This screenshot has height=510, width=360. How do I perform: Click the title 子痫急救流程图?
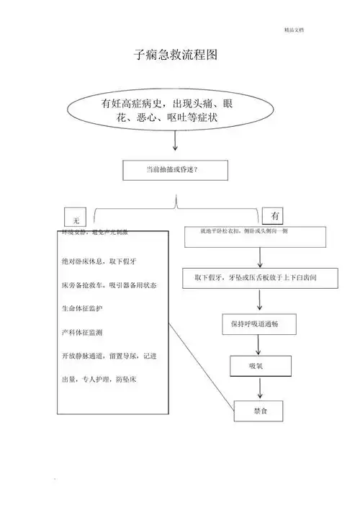176,55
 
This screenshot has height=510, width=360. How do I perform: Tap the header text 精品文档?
294,30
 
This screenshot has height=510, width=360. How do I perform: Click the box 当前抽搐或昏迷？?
175,169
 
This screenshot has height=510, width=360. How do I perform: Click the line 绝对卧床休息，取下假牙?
99,261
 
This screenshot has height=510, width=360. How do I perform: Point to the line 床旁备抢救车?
109,285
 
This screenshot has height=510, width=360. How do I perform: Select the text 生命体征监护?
84,308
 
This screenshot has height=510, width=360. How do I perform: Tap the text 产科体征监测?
83,333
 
